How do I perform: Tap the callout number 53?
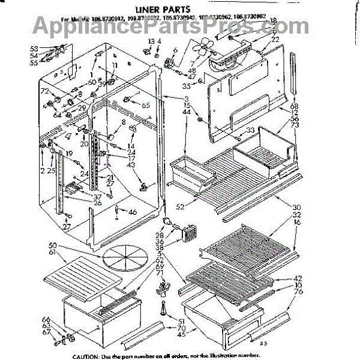(x=34, y=47)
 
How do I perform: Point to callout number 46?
(x=132, y=212)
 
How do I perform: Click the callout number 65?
(x=145, y=105)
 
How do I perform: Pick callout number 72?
(x=44, y=91)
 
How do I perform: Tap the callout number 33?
(x=250, y=130)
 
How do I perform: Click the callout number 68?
(x=294, y=107)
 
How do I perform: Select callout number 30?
(x=296, y=208)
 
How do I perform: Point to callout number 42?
(x=298, y=278)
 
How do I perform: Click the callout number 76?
(x=298, y=292)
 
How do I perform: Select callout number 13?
(x=152, y=41)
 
